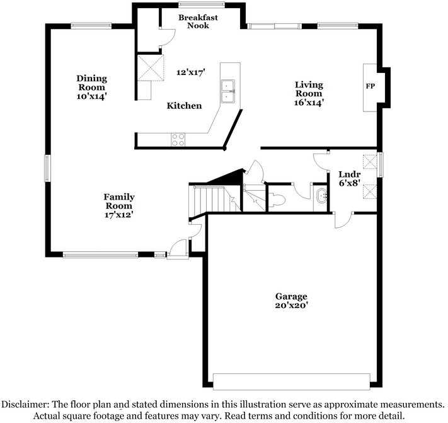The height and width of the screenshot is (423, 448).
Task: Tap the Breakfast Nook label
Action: [x=197, y=21]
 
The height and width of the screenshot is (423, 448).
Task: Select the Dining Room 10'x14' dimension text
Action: [x=92, y=96]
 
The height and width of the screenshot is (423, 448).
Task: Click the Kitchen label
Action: [x=184, y=106]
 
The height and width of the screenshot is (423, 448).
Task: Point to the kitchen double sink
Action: [x=227, y=91]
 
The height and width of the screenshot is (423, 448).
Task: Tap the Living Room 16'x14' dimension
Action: [x=309, y=102]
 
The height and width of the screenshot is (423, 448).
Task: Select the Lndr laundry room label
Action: [x=349, y=174]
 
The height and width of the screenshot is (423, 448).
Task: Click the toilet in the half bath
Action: [x=278, y=200]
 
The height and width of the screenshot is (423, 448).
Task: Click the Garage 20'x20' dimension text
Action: [x=290, y=305]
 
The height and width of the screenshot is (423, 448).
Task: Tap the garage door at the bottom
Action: [x=291, y=381]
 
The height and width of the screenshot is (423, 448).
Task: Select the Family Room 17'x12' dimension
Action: [x=119, y=215]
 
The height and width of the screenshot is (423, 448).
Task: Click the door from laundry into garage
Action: [x=343, y=219]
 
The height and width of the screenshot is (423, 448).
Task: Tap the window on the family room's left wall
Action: [x=47, y=168]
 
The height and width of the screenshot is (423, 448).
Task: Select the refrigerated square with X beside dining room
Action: [x=149, y=67]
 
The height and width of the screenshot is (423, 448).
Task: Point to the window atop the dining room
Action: [x=91, y=26]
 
